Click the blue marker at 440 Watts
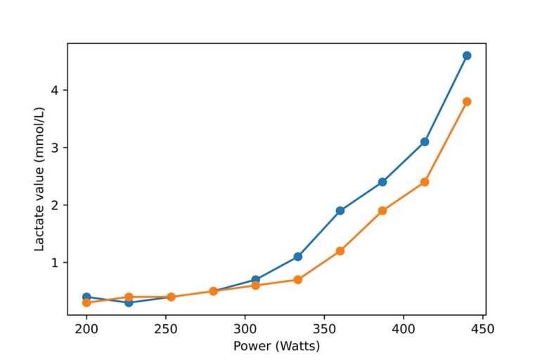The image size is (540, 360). [x=467, y=56]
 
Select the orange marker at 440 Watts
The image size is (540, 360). [x=467, y=101]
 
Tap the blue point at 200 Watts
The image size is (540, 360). [x=86, y=297]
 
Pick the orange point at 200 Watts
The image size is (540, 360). [x=86, y=302]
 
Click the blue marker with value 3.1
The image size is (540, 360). [x=425, y=142]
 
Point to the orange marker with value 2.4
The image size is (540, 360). [x=425, y=182]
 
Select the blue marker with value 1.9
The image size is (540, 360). [x=340, y=211]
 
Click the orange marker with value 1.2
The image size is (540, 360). [x=340, y=251]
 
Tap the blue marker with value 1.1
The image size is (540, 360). [x=298, y=257]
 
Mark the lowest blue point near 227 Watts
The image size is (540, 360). [x=129, y=302]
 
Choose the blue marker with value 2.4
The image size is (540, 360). [x=382, y=182]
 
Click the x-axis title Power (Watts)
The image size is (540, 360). [x=276, y=345]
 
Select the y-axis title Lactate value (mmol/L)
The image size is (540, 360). [x=40, y=179]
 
